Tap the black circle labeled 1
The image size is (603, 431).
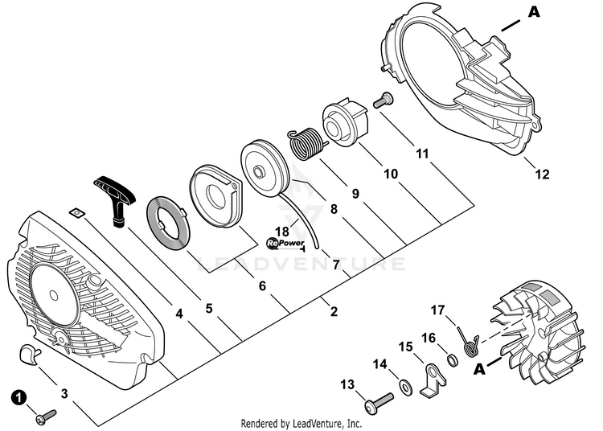click(17, 396)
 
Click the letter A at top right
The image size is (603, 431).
click(532, 11)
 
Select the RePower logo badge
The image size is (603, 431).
click(285, 240)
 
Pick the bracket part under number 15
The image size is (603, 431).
click(435, 379)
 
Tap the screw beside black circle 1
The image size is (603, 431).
click(45, 414)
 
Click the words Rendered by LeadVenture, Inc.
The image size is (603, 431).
click(301, 422)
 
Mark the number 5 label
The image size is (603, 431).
click(208, 307)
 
